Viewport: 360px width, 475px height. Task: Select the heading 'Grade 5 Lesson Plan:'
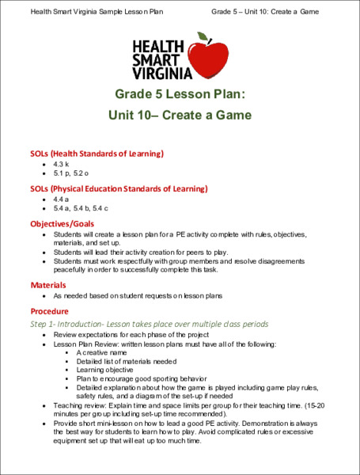click(180, 94)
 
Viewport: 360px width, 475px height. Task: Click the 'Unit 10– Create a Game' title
click(180, 116)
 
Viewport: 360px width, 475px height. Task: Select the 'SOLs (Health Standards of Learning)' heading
click(97, 153)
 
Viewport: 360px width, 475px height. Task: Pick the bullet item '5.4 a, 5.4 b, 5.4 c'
click(80, 209)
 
